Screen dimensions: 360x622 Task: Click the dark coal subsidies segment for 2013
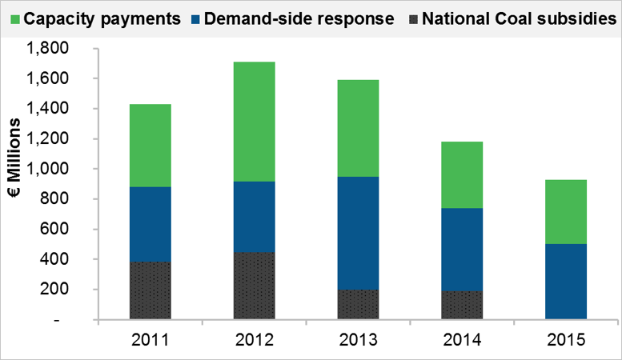(x=358, y=305)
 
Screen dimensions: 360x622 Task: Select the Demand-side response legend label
(x=299, y=18)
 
